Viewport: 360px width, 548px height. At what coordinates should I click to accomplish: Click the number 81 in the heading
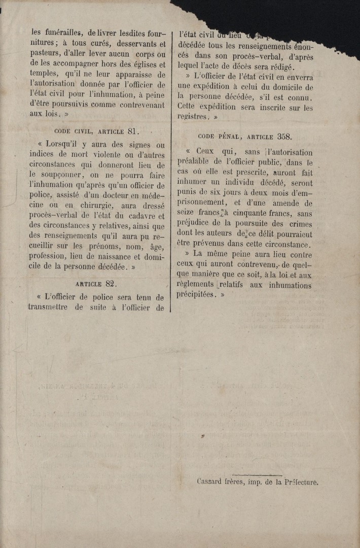pos(132,130)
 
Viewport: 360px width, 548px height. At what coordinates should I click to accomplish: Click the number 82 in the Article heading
pos(111,284)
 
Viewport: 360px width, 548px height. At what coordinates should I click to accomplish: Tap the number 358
pos(285,136)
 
